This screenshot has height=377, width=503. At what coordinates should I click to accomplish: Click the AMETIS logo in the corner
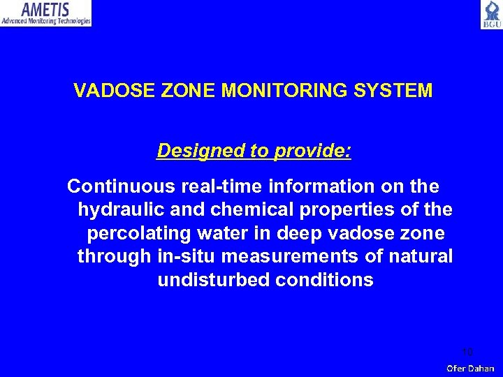[x=46, y=13]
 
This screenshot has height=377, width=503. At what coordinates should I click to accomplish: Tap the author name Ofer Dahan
[x=471, y=368]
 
